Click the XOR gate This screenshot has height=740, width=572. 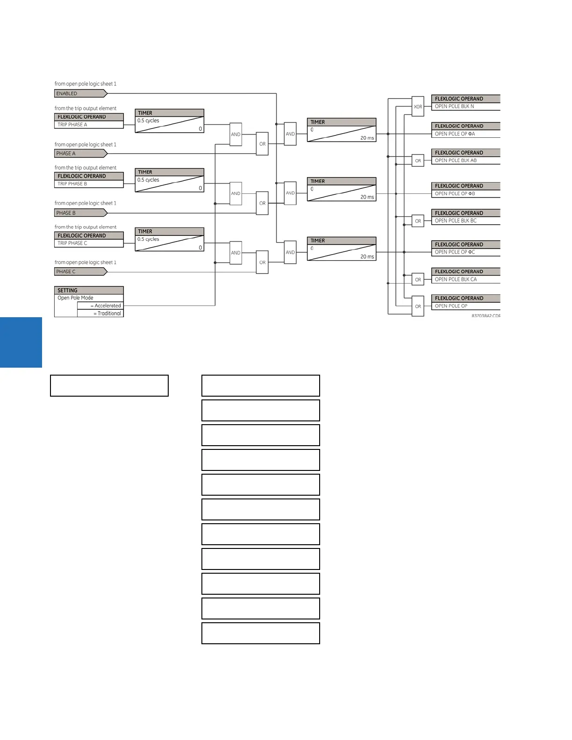click(418, 107)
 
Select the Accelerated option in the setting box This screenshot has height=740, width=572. click(107, 306)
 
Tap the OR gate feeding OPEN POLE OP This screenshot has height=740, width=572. click(418, 306)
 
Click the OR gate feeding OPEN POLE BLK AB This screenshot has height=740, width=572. click(418, 161)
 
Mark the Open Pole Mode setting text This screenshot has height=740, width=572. click(76, 298)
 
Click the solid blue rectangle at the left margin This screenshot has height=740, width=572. click(21, 342)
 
